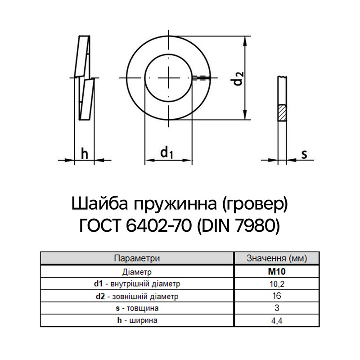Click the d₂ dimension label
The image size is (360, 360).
pos(238,78)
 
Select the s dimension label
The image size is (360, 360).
pos(304,154)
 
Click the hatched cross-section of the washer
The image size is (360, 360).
pos(282,113)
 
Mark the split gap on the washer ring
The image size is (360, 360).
pos(201,78)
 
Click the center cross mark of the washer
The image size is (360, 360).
pos(168,78)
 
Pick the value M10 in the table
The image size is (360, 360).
pos(277,272)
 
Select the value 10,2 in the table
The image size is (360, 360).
pos(277,284)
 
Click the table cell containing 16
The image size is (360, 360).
pos(277,296)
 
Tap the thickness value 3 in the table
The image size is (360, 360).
pos(277,308)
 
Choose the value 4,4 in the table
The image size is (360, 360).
pos(277,320)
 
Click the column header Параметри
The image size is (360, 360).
pos(137,258)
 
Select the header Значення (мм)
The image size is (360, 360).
pos(277,258)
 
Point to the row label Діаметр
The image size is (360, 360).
pos(137,272)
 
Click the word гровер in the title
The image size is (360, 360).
pos(255,204)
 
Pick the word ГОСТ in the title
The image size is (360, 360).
pos(100,226)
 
